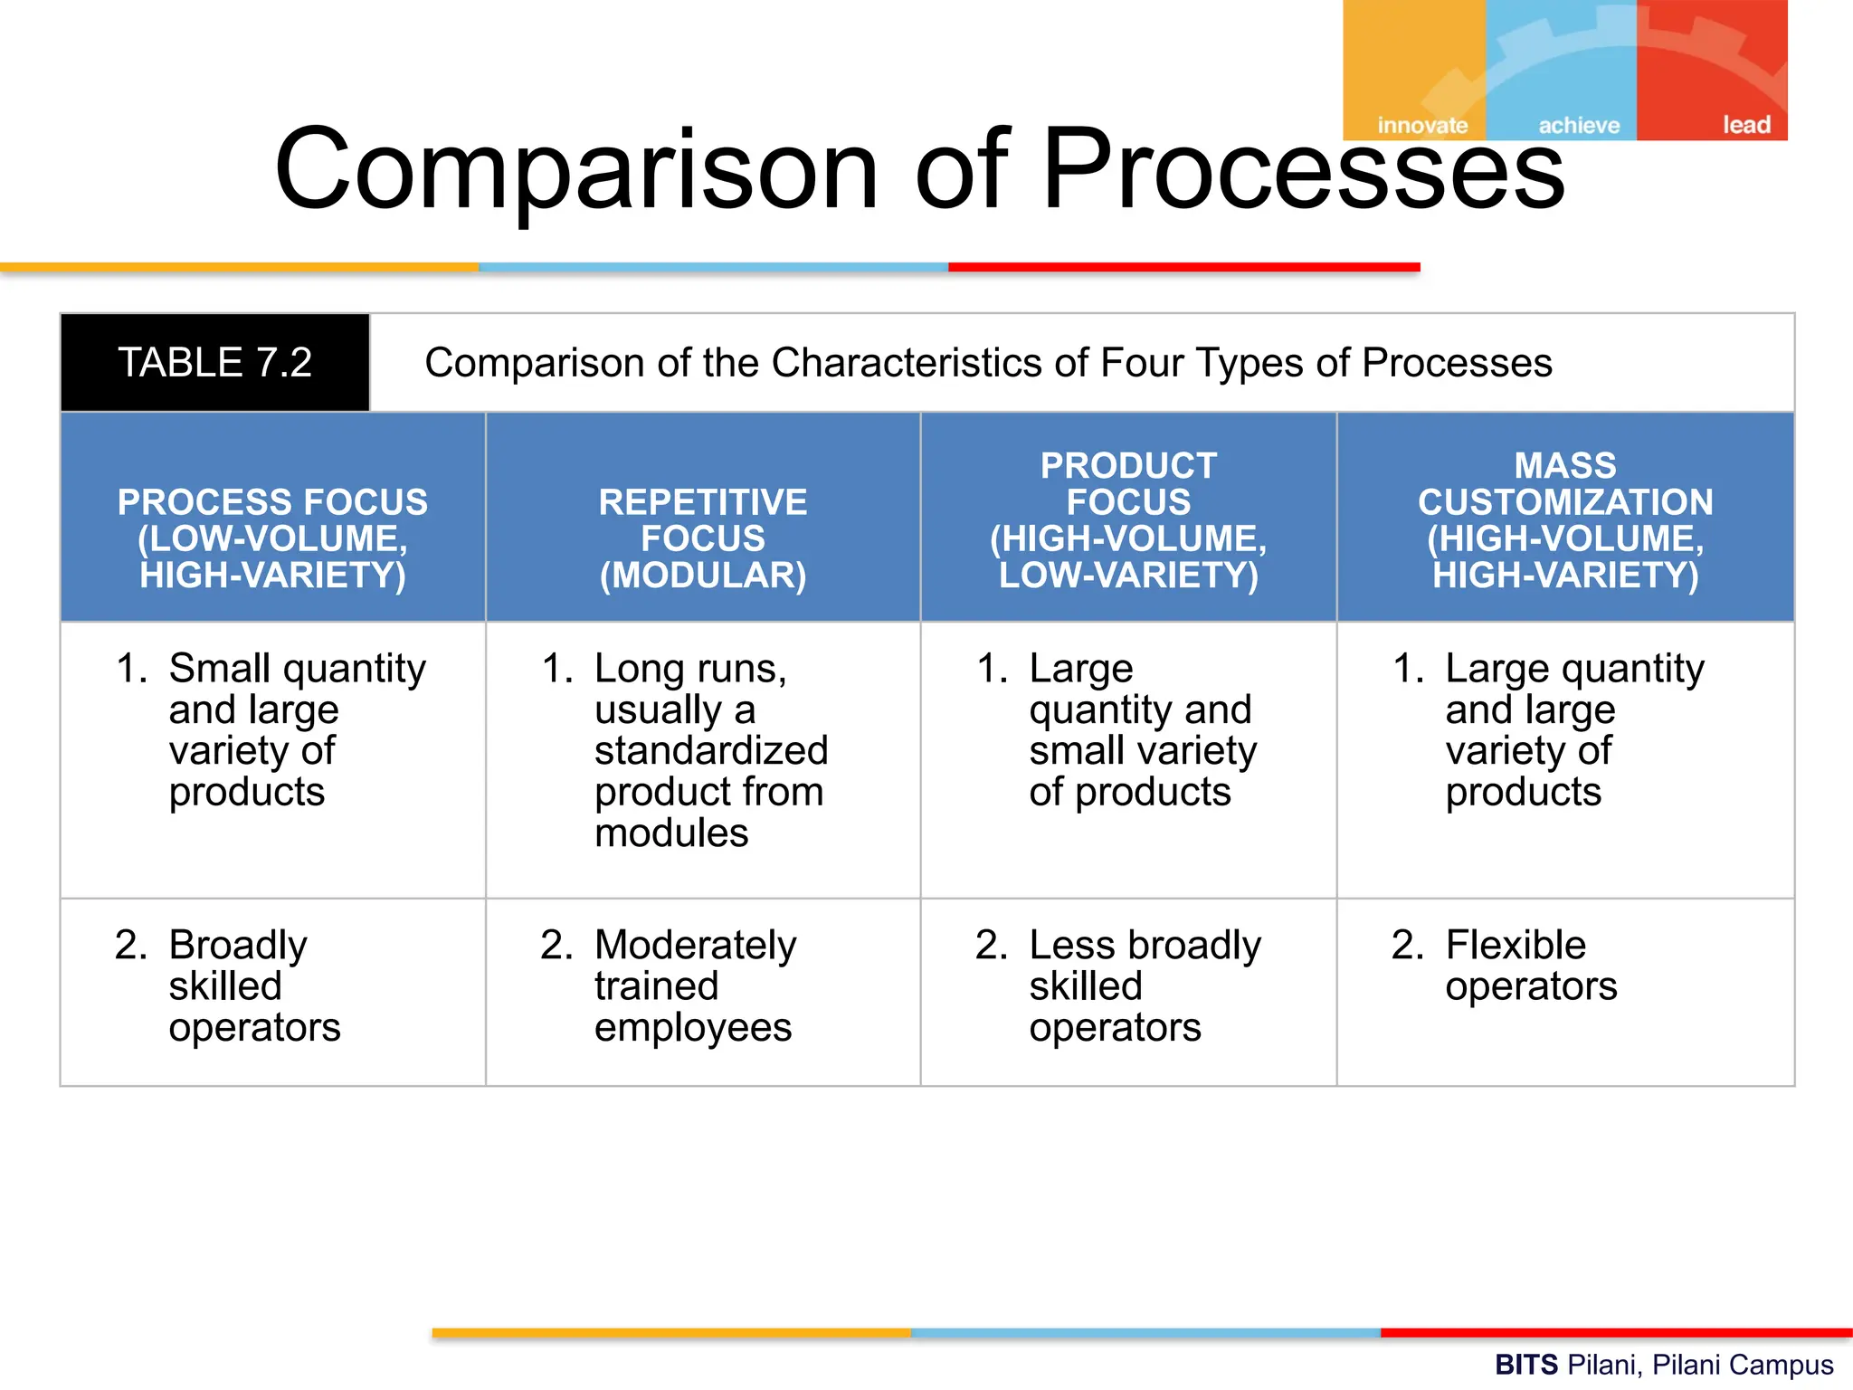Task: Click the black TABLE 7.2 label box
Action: coord(214,363)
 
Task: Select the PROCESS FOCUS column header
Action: coord(272,538)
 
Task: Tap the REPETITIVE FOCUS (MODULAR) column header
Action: coord(703,538)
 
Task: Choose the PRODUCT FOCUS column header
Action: coord(1128,519)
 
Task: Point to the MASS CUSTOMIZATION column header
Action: coord(1565,519)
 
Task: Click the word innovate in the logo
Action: coord(1422,126)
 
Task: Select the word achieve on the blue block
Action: coord(1579,126)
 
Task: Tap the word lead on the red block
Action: coord(1745,125)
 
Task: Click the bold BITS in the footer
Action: coord(1525,1364)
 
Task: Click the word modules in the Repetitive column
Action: coord(671,833)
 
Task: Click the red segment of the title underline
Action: coord(1183,267)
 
